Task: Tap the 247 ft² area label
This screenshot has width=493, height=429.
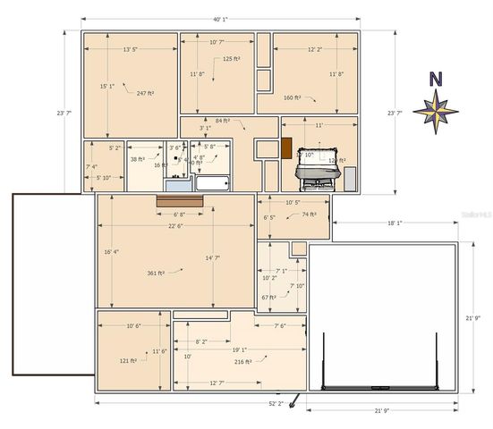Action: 146,93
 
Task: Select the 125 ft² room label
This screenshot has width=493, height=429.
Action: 231,59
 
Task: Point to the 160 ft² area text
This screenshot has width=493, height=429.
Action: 292,97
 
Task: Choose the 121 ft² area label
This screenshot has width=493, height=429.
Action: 128,361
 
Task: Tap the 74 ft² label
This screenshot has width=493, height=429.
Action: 310,214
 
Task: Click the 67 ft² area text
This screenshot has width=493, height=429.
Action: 268,297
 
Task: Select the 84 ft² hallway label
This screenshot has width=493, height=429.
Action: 223,120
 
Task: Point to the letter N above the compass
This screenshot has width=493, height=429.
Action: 436,79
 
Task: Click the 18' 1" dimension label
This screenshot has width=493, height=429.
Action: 394,223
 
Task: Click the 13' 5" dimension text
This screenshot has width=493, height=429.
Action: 130,50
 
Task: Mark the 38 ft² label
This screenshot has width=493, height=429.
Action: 138,159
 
